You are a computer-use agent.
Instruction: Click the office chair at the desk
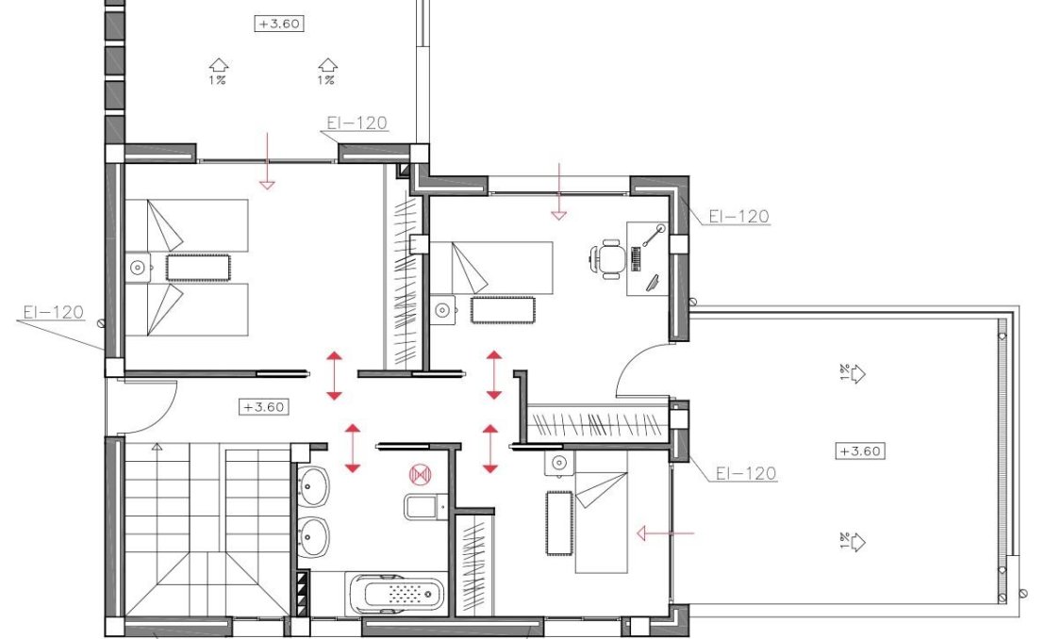[x=608, y=257]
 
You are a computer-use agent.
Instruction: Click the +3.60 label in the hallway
[x=264, y=407]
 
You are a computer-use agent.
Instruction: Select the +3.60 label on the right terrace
[x=859, y=451]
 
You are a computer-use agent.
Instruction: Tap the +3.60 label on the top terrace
[x=279, y=24]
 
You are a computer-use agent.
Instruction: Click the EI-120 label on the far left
[x=53, y=312]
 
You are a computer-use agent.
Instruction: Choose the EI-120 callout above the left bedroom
[x=356, y=123]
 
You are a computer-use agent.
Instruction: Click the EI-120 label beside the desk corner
[x=738, y=217]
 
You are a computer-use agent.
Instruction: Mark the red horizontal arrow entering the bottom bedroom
[x=666, y=534]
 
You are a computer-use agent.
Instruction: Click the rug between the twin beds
[x=198, y=268]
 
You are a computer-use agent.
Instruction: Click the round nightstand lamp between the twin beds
[x=140, y=268]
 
